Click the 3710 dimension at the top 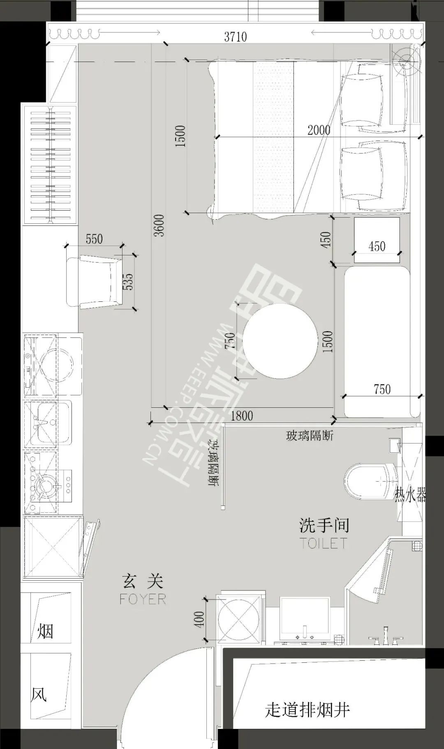pos(236,37)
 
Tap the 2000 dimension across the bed pos(319,130)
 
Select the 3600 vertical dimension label pos(159,225)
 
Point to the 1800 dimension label pos(242,416)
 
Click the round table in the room pos(280,341)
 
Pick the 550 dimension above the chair pos(94,239)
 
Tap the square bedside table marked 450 pos(377,240)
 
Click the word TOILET pos(324,543)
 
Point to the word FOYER pos(143,599)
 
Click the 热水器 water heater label pos(410,496)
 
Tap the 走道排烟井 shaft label pos(307,710)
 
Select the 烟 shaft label pos(45,631)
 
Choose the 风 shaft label pos(39,695)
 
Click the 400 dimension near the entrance pos(199,619)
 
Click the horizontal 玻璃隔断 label pos(310,436)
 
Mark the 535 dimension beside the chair pos(128,282)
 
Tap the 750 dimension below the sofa pos(382,389)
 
